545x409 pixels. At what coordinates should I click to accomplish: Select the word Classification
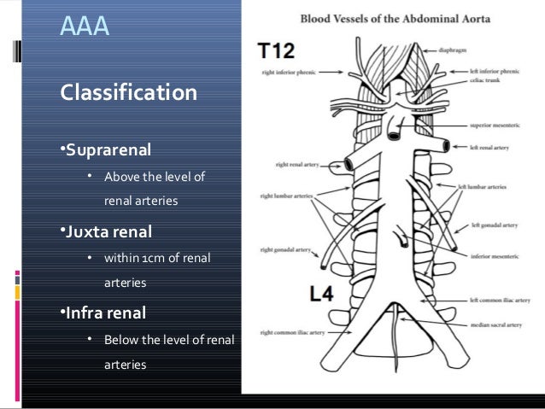127,91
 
